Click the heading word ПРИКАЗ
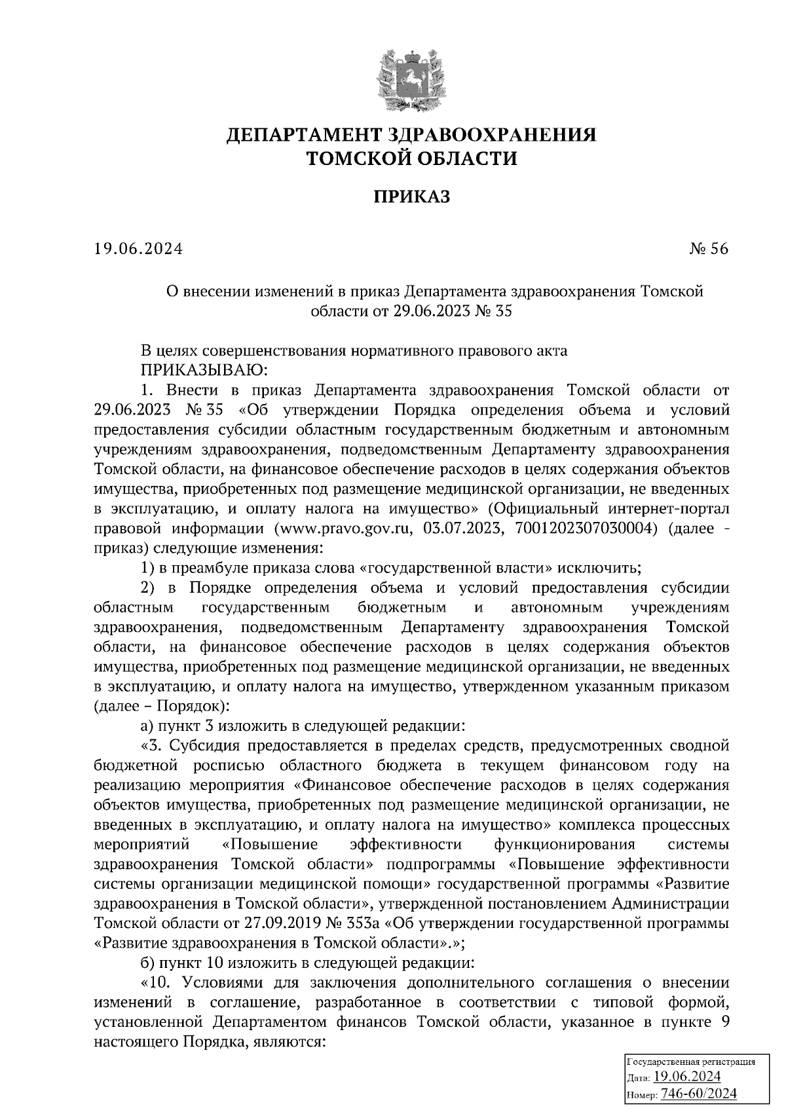pos(412,195)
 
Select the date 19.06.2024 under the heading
pos(138,249)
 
